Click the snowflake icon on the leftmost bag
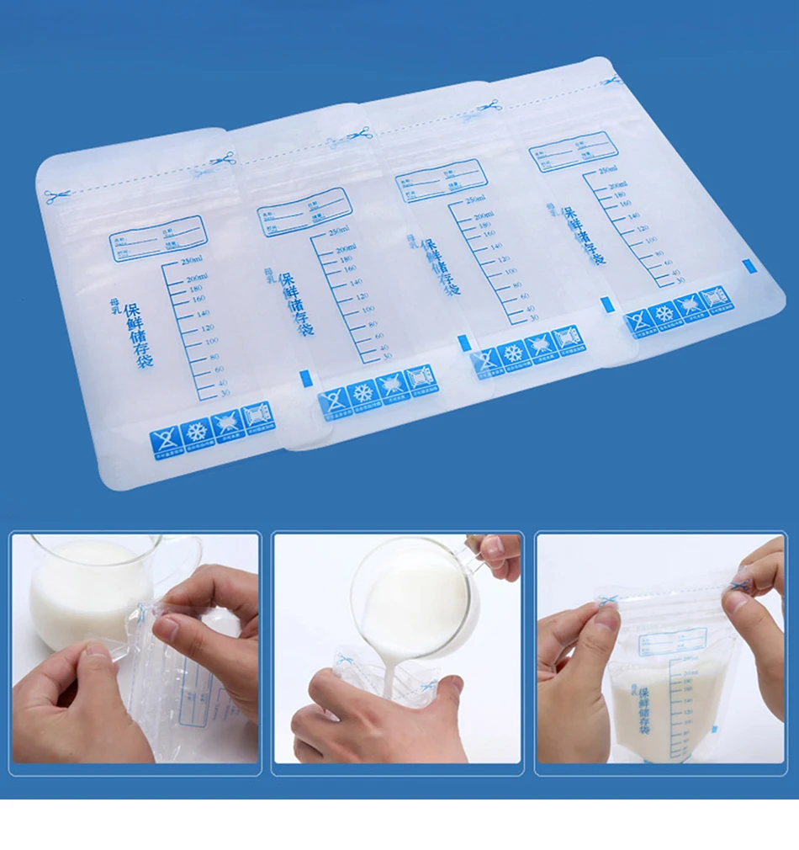pyautogui.click(x=197, y=432)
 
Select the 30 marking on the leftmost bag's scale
pyautogui.click(x=222, y=393)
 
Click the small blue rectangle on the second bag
pyautogui.click(x=305, y=377)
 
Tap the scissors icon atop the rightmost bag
pyautogui.click(x=611, y=81)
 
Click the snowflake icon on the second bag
pyautogui.click(x=362, y=392)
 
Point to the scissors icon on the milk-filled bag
pyautogui.click(x=608, y=598)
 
